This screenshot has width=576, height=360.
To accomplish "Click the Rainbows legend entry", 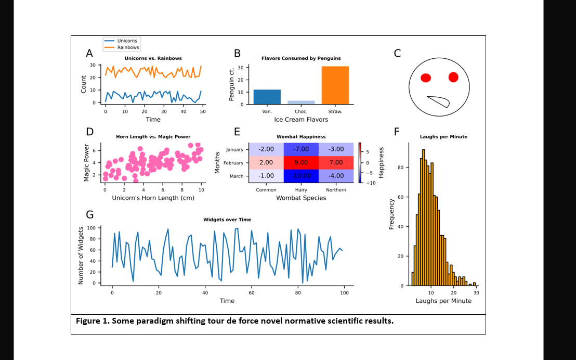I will (x=128, y=47).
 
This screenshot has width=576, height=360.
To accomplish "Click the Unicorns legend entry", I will (x=127, y=41).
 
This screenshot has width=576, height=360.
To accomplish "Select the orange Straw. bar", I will (x=335, y=85).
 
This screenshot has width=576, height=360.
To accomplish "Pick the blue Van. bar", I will (x=267, y=97).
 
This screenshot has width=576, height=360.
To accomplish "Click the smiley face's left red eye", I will (x=426, y=79).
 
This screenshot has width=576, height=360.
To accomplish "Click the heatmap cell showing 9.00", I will (x=301, y=162).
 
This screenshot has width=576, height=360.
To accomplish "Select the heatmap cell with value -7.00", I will (x=301, y=149).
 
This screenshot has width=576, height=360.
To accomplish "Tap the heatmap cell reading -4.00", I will (x=336, y=176).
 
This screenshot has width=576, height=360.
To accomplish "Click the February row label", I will (x=233, y=163).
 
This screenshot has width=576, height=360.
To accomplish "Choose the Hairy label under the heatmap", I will (x=301, y=190).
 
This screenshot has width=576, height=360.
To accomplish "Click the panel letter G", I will (x=90, y=214).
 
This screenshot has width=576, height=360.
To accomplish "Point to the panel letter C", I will (x=398, y=53).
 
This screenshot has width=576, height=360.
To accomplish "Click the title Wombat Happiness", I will (x=301, y=136).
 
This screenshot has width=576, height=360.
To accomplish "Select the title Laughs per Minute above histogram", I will (x=443, y=137).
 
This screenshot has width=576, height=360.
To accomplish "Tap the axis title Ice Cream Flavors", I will (x=301, y=120).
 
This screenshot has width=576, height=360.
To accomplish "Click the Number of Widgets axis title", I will (x=81, y=255).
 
